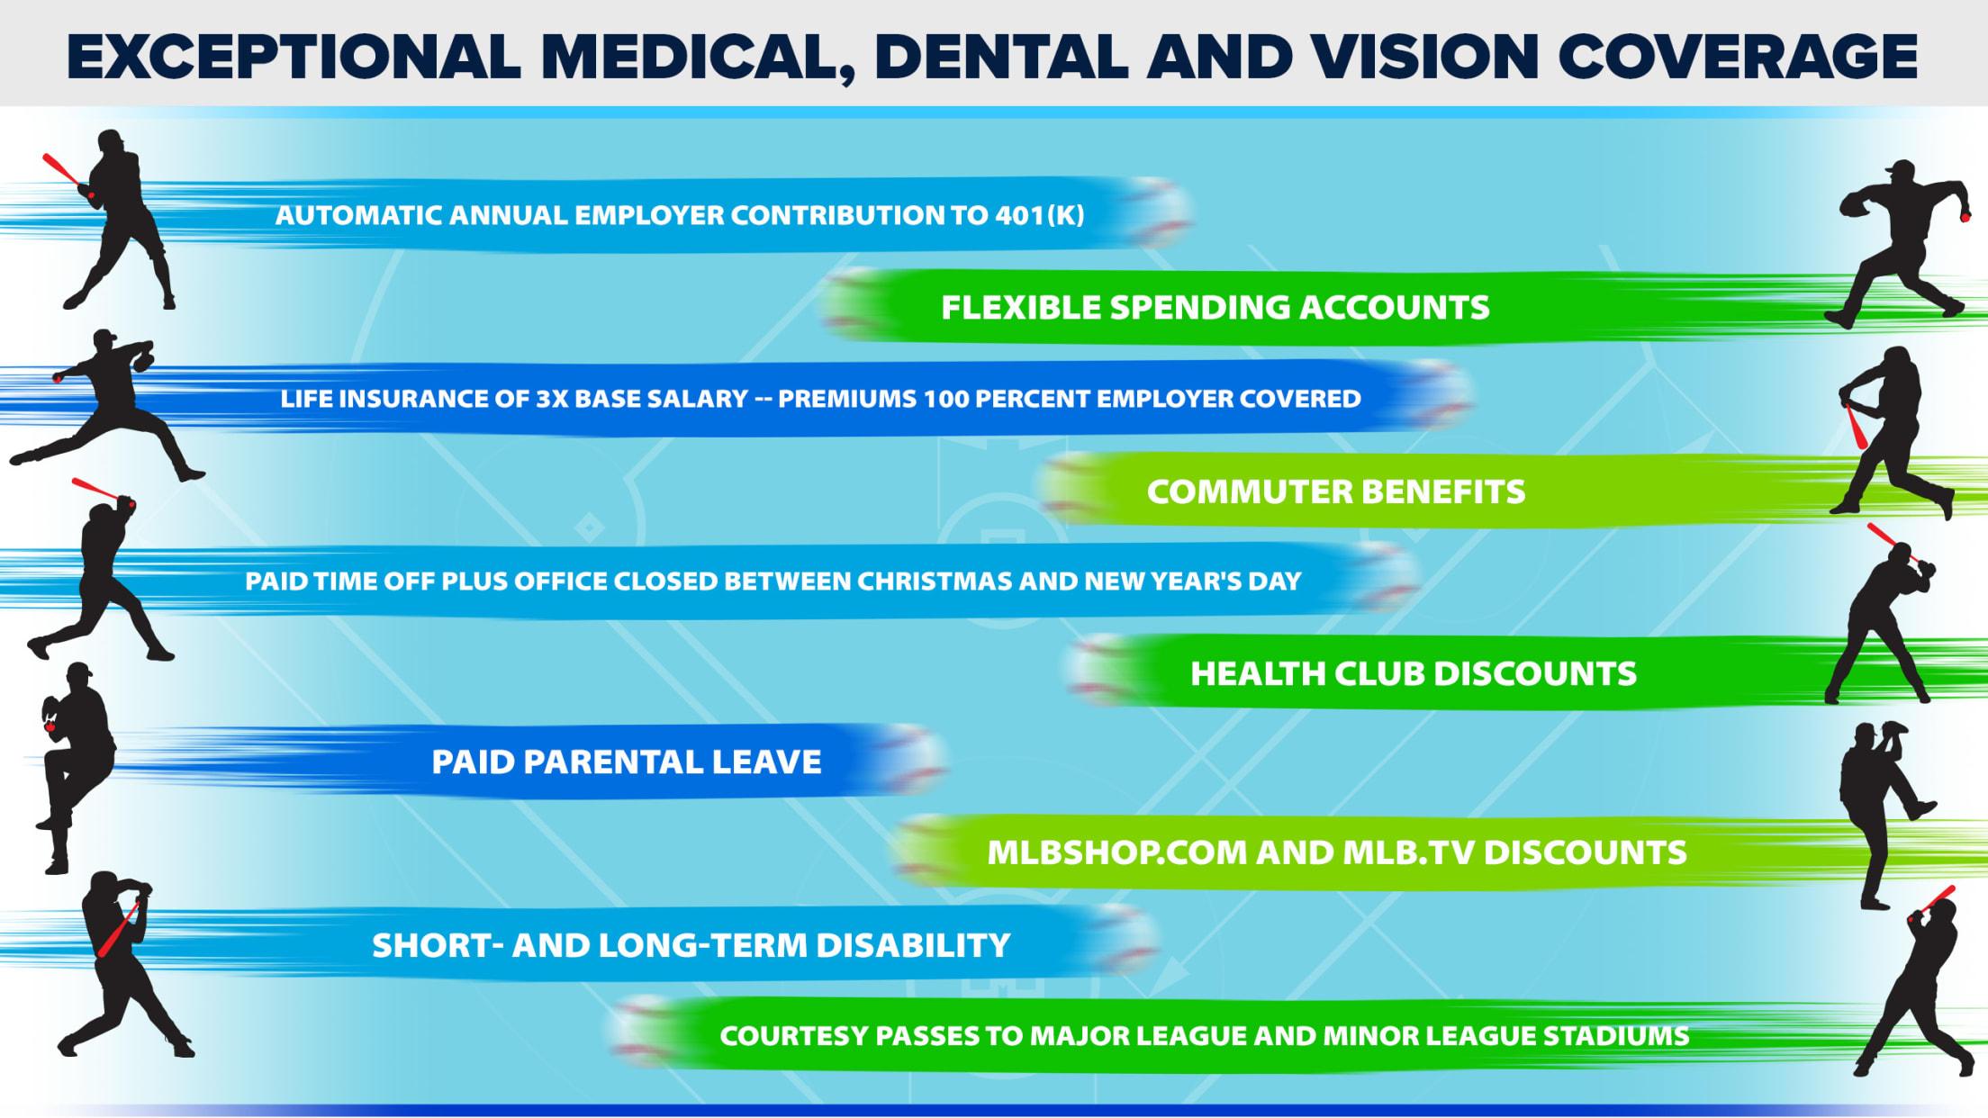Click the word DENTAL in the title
pyautogui.click(x=1001, y=57)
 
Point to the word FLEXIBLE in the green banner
pyautogui.click(x=1019, y=308)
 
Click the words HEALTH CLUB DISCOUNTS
pyautogui.click(x=1414, y=674)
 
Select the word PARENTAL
pyautogui.click(x=611, y=762)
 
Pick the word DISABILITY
pyautogui.click(x=913, y=946)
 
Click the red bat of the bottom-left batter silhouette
pyautogui.click(x=118, y=930)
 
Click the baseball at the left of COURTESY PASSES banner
pyautogui.click(x=644, y=1032)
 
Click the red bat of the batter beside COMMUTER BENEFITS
pyautogui.click(x=1857, y=426)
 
